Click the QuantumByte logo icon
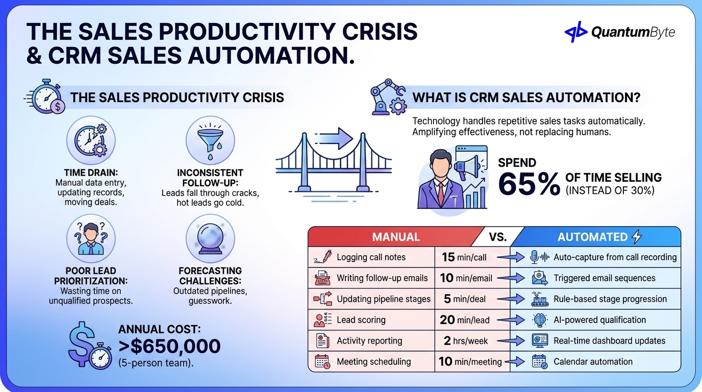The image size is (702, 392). (x=576, y=32)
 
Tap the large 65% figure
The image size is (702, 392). (x=529, y=184)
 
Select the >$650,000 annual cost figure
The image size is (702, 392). (x=169, y=346)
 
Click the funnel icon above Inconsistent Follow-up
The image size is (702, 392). (x=210, y=140)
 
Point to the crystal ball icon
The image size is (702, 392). (x=210, y=238)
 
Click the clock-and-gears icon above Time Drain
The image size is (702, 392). (x=91, y=140)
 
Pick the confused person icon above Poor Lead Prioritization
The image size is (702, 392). (x=91, y=238)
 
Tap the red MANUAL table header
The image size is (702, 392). (x=396, y=237)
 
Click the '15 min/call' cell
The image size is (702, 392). (x=464, y=257)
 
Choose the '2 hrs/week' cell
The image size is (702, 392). (x=464, y=340)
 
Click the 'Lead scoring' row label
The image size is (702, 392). (x=361, y=320)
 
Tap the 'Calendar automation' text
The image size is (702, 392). (x=593, y=361)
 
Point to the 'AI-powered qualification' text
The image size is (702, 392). (x=599, y=320)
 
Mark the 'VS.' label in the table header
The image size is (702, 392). (x=498, y=237)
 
